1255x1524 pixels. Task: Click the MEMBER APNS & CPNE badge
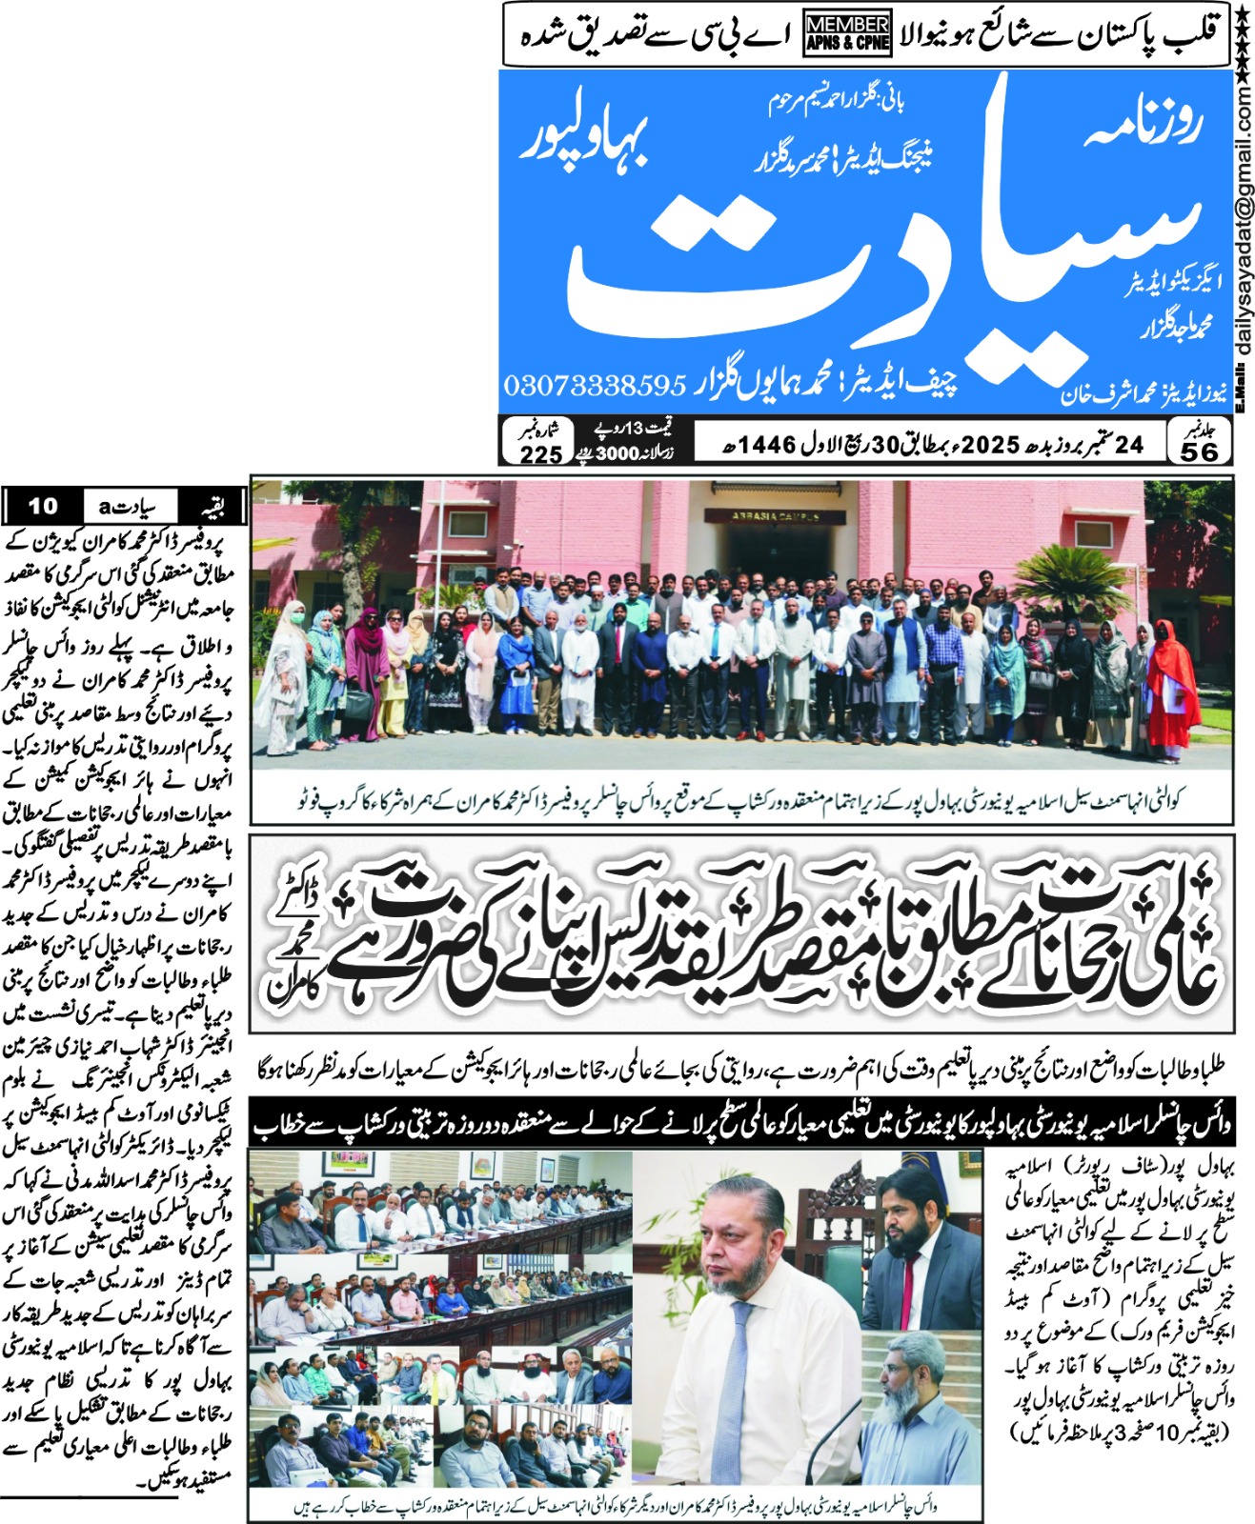(847, 33)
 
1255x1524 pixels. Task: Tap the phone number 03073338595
(595, 385)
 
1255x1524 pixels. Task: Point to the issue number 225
(540, 454)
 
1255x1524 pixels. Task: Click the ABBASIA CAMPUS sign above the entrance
(774, 515)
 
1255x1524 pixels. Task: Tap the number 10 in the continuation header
(43, 506)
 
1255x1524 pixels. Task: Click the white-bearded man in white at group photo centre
(579, 667)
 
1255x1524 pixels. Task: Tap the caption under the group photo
(741, 801)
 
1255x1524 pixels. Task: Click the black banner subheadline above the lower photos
(741, 1125)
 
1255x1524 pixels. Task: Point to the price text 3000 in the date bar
(617, 453)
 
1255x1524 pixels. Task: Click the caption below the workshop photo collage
(615, 1507)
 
